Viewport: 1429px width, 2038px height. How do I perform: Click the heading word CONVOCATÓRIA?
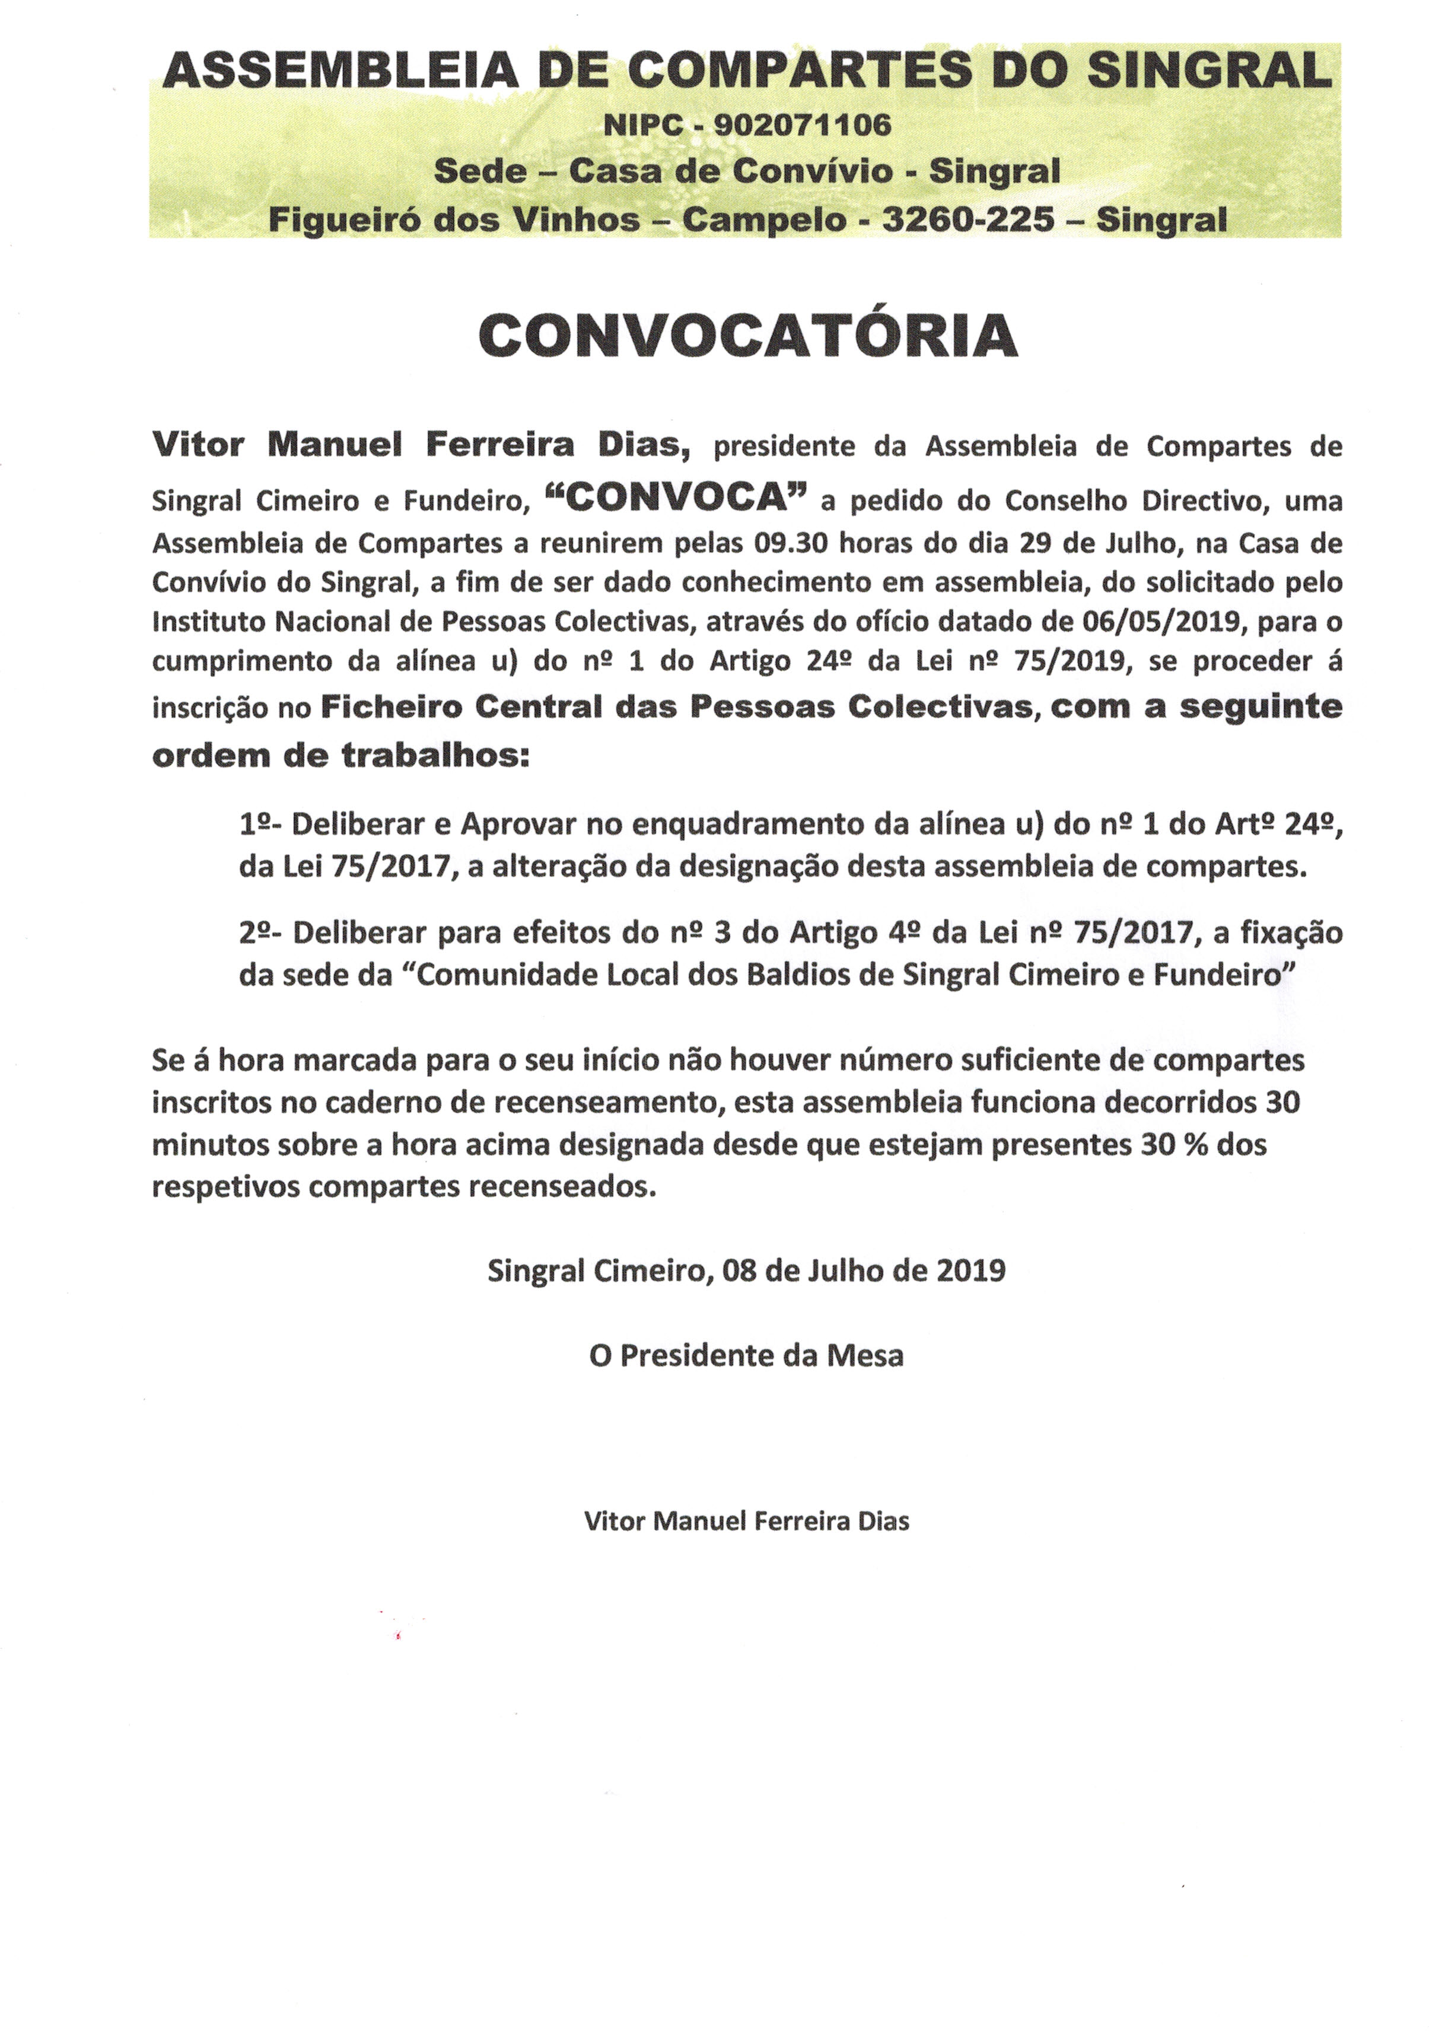point(747,336)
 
